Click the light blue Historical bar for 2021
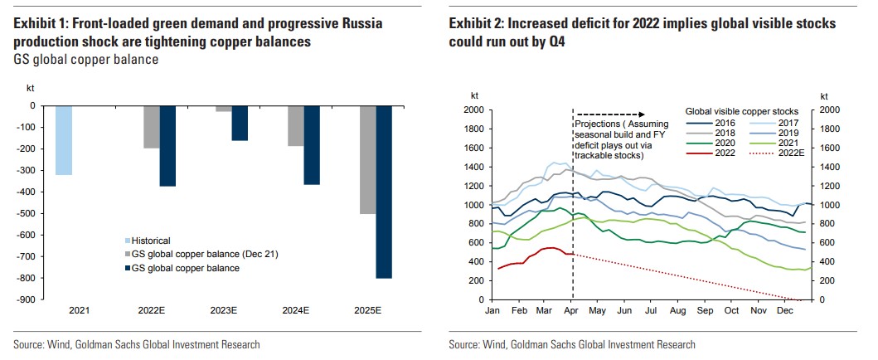(x=64, y=140)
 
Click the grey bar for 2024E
(x=295, y=126)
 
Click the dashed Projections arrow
(x=610, y=114)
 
